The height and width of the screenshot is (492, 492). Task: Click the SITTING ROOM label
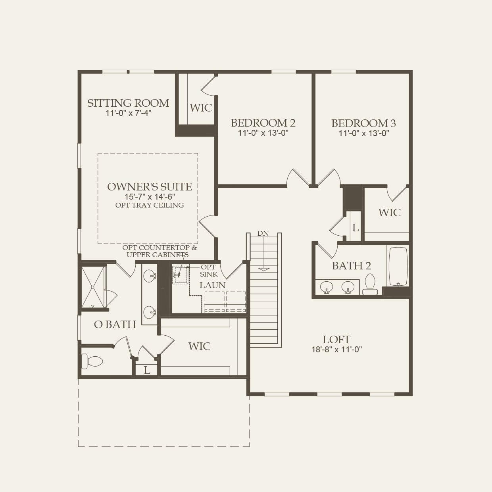128,103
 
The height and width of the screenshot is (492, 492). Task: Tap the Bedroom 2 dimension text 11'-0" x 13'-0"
263,133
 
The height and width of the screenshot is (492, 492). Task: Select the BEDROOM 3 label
363,123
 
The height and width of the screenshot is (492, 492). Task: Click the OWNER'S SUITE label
149,187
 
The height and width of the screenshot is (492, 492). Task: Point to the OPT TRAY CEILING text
150,205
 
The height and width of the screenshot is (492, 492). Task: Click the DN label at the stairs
263,233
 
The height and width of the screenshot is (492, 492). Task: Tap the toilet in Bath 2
370,284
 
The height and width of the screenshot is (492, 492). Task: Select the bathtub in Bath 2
398,266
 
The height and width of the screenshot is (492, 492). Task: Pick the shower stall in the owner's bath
93,286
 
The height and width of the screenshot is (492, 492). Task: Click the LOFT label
336,340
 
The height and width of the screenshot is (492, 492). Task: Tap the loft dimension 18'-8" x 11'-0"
336,350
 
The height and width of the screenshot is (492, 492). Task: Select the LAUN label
212,285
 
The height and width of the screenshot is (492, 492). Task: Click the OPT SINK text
209,271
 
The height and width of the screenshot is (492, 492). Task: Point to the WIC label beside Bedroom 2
201,108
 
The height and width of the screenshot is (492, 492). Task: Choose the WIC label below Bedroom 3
389,213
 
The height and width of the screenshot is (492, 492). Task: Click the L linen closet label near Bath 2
355,228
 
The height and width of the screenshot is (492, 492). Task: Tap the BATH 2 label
351,266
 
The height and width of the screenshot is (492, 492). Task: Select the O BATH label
115,325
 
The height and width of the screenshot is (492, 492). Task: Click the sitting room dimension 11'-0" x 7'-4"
128,113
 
